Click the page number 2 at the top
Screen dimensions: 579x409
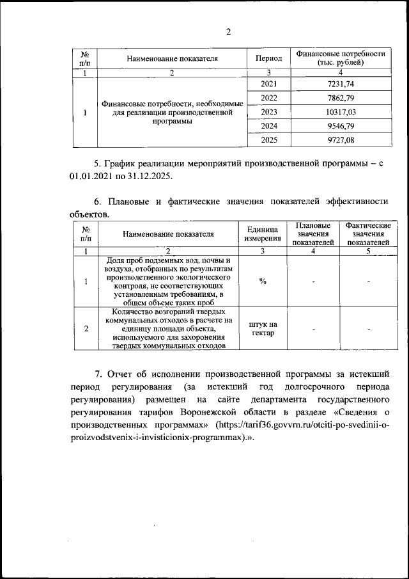coord(228,33)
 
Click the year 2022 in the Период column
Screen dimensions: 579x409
coord(268,98)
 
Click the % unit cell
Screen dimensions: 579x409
coord(263,282)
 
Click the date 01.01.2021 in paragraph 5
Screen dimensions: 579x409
coord(91,175)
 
